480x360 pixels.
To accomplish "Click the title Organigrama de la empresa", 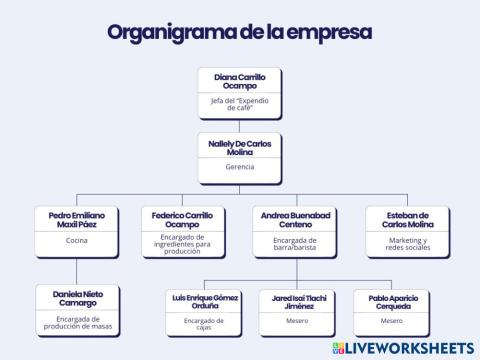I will point(239,31).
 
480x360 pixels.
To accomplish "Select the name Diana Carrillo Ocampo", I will point(240,81).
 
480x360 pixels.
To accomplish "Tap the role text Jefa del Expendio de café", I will point(240,107).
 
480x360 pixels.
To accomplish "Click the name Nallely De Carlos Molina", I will point(240,147).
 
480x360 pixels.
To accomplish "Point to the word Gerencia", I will point(240,167).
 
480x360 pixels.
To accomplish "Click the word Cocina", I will point(77,241).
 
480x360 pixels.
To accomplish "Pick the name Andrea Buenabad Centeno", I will point(295,220).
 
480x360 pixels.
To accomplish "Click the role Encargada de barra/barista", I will point(295,243).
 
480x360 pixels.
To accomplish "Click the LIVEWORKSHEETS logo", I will point(404,346).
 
